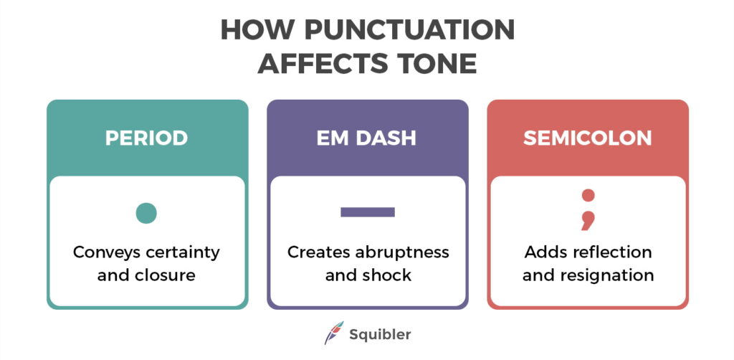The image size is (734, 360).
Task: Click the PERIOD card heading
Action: coord(147,138)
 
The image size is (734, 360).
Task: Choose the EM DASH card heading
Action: coord(366,138)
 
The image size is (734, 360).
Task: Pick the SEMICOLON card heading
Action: coord(587,138)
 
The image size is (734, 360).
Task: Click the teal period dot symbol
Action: coord(146,212)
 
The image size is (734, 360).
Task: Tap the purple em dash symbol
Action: coord(367,212)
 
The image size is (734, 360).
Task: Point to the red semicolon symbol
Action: coord(588,209)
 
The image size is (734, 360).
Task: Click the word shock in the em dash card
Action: coord(390,275)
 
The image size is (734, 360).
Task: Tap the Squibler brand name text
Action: coord(380,334)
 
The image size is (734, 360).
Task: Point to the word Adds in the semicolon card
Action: coord(542,252)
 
